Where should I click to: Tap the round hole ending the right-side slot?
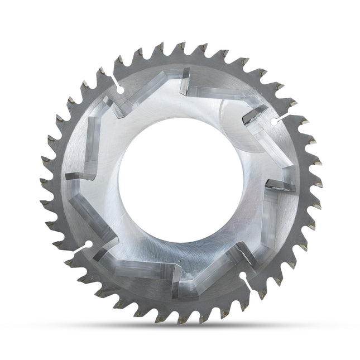(x=273, y=121)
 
